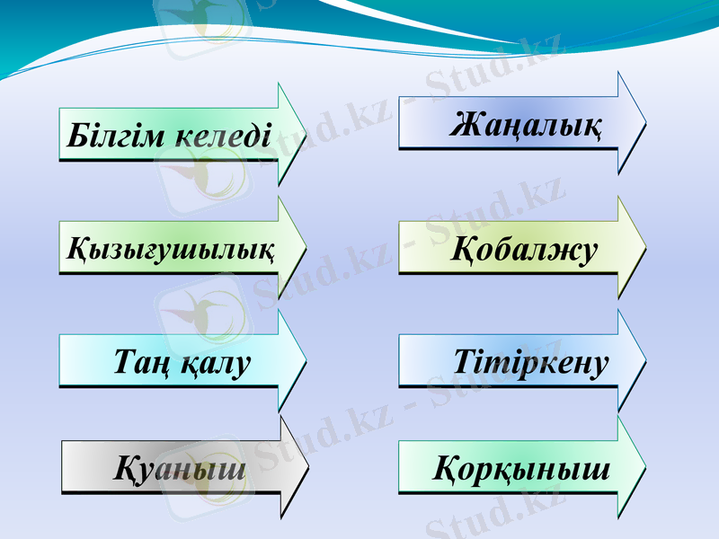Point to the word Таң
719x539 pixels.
coord(137,363)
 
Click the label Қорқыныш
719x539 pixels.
coord(522,469)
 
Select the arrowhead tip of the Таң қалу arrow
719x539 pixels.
coord(306,360)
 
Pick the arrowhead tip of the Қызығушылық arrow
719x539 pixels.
coord(306,246)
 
